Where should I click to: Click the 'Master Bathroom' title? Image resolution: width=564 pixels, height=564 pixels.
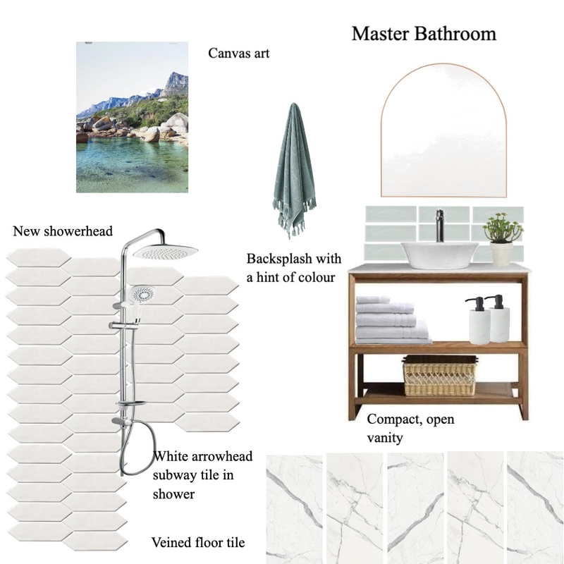click(x=424, y=34)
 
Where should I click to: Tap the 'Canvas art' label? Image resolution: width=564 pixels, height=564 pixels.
click(x=239, y=54)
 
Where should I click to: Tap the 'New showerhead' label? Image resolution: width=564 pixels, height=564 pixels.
click(x=63, y=231)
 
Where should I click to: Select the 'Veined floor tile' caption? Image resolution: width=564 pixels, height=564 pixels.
click(x=198, y=542)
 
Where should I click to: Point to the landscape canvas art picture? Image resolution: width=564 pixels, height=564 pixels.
click(x=133, y=117)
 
